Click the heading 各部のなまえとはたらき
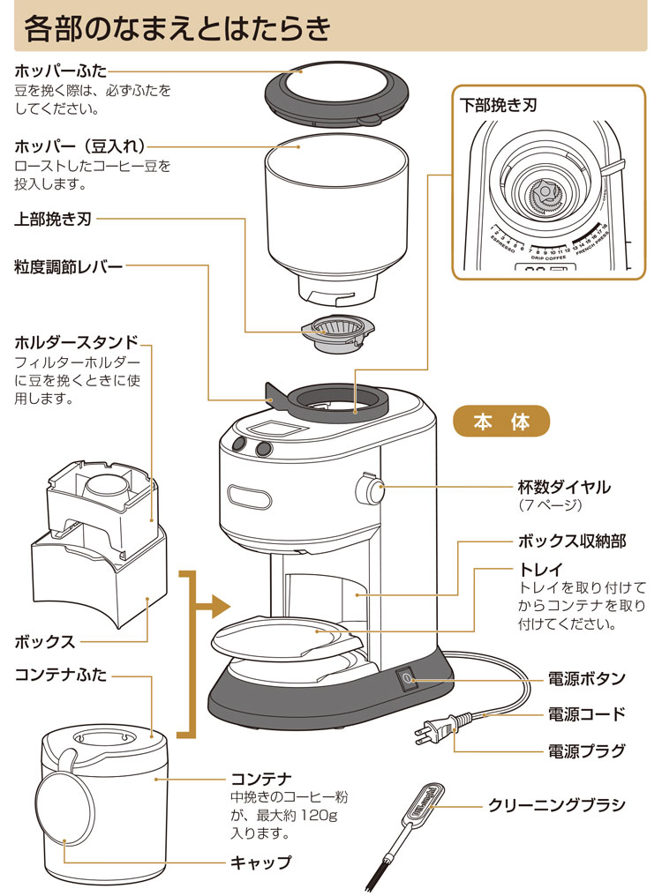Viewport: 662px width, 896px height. click(x=177, y=28)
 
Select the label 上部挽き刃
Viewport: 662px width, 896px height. click(x=53, y=218)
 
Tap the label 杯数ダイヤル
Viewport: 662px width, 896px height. click(x=564, y=487)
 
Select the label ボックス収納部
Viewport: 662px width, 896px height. click(x=572, y=541)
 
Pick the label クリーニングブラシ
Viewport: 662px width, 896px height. click(x=557, y=805)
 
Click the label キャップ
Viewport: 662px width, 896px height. click(x=260, y=862)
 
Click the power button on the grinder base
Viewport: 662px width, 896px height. click(x=407, y=680)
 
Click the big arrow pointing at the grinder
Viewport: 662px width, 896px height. click(x=215, y=607)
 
